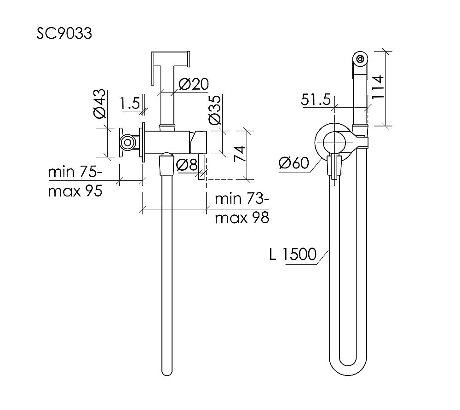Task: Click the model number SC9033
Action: click(64, 33)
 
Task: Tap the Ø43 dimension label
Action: click(100, 104)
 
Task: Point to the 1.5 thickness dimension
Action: click(130, 103)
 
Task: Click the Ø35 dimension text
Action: click(214, 110)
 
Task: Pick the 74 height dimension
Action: click(240, 154)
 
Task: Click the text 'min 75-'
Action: click(75, 172)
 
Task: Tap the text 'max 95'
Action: click(75, 191)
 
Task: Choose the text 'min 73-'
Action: click(242, 199)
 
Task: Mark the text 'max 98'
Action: click(242, 218)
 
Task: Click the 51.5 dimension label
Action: click(316, 100)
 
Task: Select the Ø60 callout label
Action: click(293, 163)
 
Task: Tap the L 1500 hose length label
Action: click(293, 254)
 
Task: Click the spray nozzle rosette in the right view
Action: click(360, 59)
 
